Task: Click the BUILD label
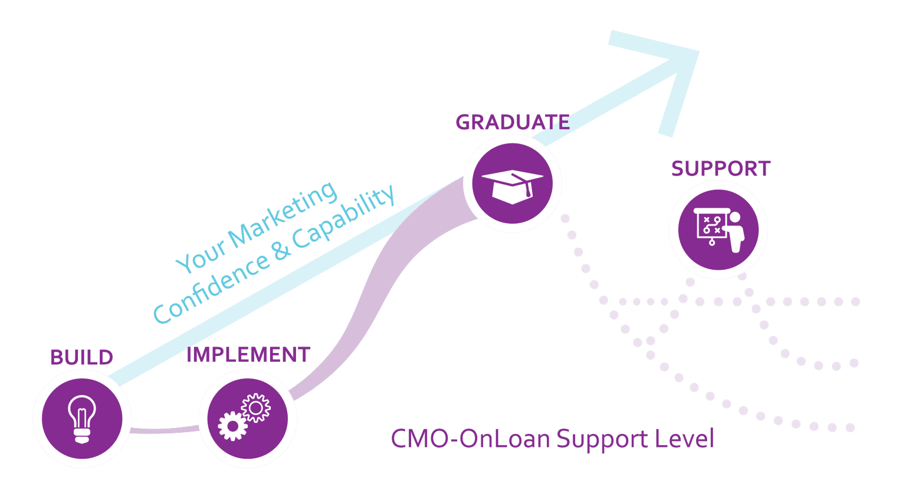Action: click(x=81, y=358)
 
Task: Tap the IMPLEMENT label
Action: click(x=248, y=355)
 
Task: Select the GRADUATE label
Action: click(x=512, y=122)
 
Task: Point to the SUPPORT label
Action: click(x=720, y=169)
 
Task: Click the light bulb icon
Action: click(x=81, y=418)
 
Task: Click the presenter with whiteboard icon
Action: click(x=718, y=230)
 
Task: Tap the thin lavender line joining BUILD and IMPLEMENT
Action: click(x=164, y=430)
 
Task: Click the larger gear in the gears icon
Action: click(x=232, y=426)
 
